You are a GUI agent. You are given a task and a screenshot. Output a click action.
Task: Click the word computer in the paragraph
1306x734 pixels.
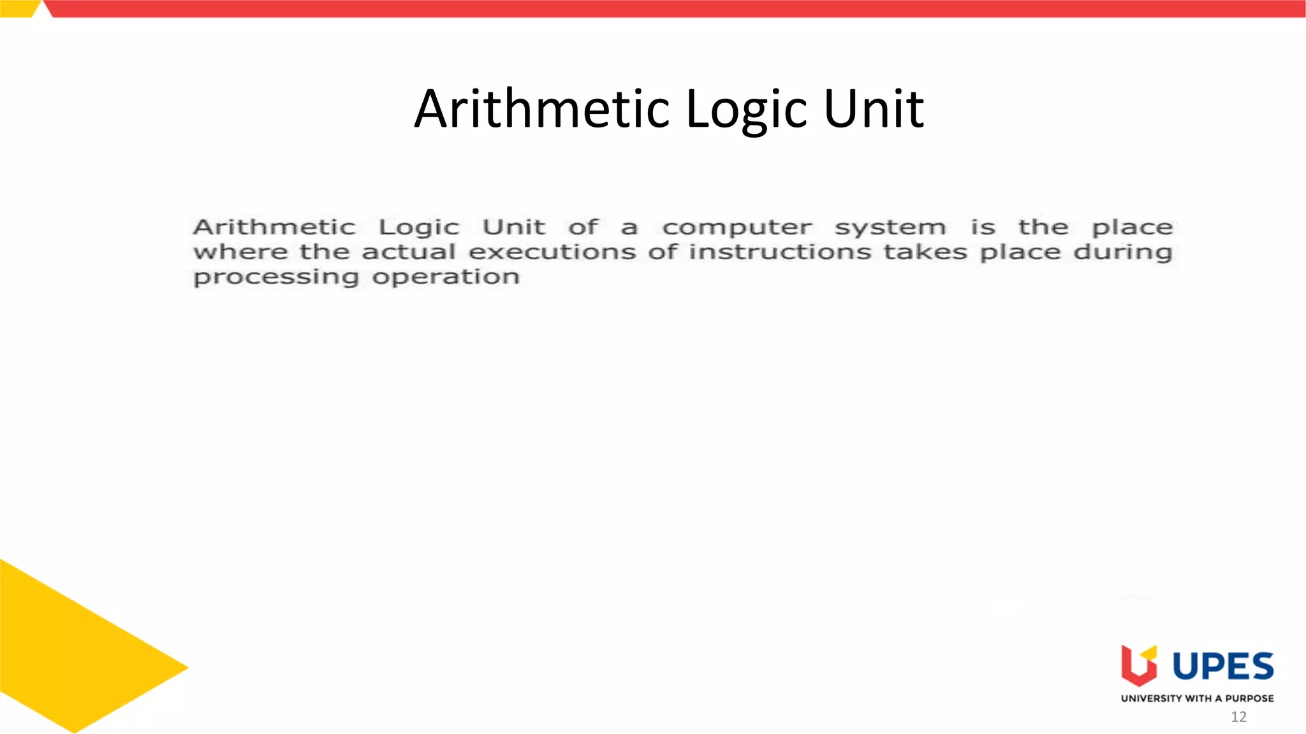pos(737,227)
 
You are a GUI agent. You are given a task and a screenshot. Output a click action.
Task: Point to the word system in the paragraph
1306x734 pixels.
pos(890,228)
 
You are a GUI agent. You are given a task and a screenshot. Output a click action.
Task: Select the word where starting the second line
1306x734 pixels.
pos(240,252)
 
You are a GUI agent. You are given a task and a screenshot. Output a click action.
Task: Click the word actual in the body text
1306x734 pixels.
pos(409,252)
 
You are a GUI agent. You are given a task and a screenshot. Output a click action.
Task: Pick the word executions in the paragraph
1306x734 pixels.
pos(552,252)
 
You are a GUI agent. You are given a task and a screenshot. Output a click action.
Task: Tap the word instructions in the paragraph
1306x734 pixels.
pos(779,252)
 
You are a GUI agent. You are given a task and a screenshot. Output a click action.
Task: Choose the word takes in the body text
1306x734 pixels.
pos(925,252)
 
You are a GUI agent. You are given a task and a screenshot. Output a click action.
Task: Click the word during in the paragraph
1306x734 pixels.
pos(1122,253)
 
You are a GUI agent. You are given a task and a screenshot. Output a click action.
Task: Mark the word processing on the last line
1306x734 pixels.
pos(276,278)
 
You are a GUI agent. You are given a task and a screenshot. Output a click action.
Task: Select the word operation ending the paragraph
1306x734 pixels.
pos(446,277)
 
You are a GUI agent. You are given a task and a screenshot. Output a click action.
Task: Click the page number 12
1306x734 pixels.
pos(1238,717)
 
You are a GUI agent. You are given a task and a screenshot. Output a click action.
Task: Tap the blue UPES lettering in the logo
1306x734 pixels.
pos(1223,667)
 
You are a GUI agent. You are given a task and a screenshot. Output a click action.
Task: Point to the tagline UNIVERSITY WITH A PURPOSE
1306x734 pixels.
pos(1197,698)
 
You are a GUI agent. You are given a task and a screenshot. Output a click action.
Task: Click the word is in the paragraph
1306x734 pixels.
pos(983,227)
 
